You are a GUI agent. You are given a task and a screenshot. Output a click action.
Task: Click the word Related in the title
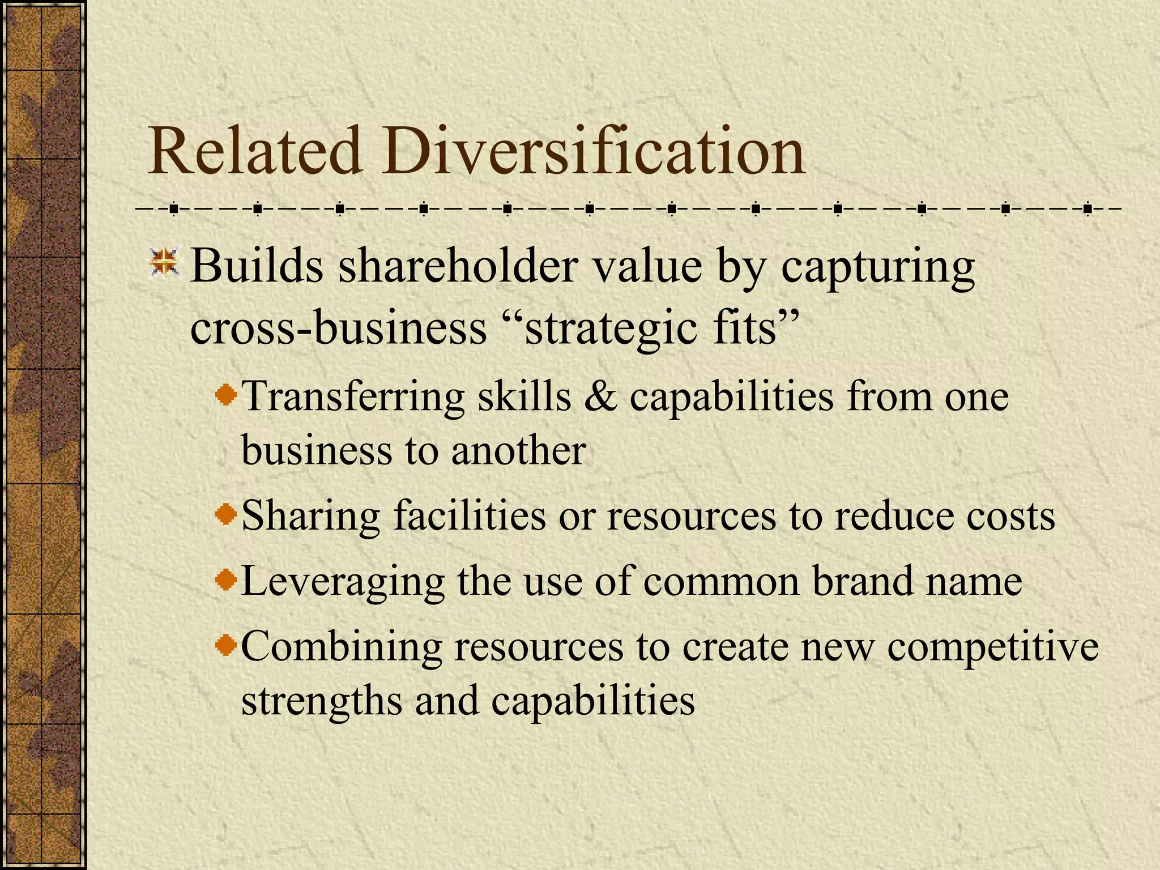[254, 151]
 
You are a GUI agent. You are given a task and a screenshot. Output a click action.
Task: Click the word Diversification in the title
[592, 151]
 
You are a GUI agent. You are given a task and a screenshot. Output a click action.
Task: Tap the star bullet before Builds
[164, 264]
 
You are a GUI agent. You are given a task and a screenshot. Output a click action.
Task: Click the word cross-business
[338, 328]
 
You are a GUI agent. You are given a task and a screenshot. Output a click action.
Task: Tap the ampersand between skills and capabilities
[600, 396]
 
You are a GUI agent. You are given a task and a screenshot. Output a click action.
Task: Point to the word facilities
[470, 516]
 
